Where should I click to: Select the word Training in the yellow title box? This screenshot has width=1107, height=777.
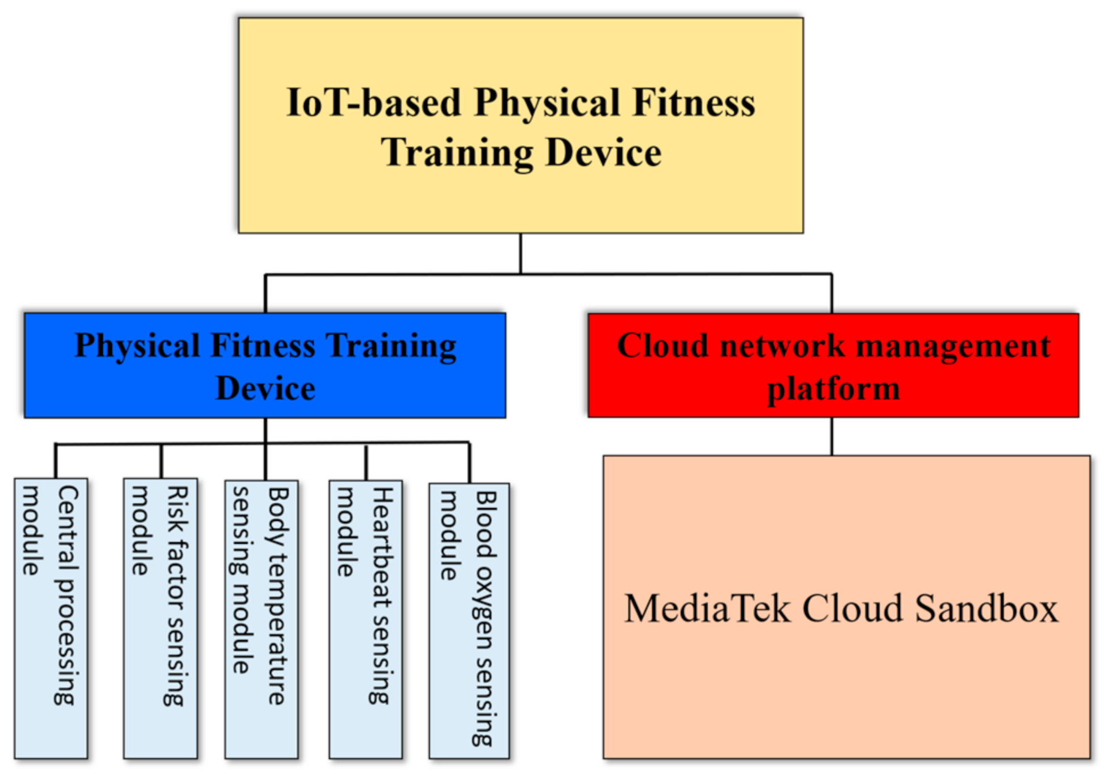457,152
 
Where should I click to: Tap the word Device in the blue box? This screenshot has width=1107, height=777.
266,388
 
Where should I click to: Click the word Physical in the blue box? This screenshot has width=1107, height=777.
137,346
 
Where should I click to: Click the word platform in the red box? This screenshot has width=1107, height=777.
833,388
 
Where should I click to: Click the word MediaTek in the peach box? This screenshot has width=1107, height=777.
707,609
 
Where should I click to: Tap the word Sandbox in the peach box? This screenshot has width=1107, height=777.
987,609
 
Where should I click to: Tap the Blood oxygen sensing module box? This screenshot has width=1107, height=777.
469,621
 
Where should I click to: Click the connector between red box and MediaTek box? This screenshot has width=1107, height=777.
832,436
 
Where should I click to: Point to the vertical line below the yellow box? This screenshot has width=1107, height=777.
520,253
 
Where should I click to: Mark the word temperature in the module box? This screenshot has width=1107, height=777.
277,629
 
